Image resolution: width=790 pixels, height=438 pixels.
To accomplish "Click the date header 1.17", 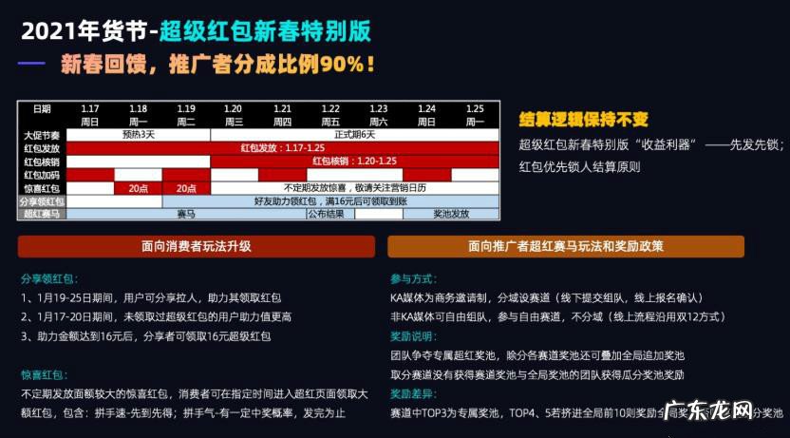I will [90, 109].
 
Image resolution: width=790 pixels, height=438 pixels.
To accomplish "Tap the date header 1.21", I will [282, 109].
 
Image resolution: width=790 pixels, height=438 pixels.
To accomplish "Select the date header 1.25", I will [475, 109].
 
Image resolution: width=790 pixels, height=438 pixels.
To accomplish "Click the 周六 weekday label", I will [378, 122].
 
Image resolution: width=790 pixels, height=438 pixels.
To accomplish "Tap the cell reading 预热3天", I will [138, 135].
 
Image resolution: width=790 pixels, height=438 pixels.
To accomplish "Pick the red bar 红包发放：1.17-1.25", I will [282, 148].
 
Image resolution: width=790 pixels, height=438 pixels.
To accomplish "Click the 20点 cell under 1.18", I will [138, 188].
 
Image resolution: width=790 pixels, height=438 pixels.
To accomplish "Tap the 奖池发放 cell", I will [450, 215].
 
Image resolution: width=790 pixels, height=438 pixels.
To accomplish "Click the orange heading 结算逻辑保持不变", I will [583, 120].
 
